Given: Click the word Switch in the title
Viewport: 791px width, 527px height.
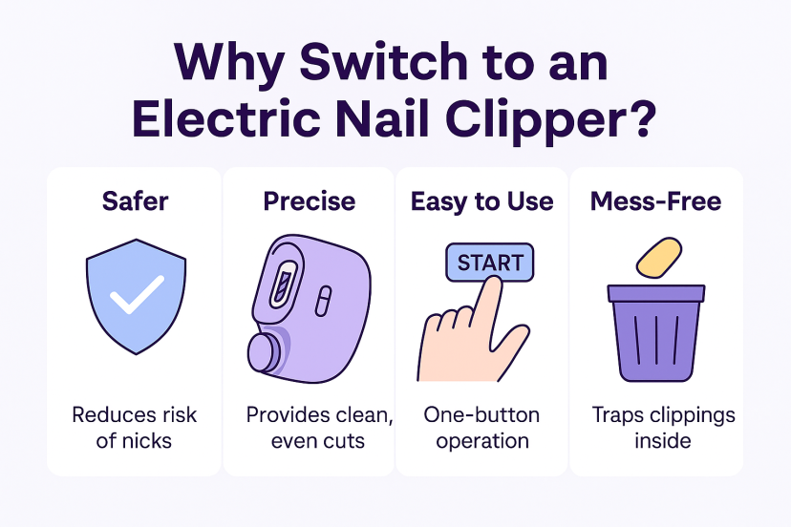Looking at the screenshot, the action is click(384, 62).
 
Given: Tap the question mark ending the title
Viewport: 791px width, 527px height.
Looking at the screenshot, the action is click(641, 118).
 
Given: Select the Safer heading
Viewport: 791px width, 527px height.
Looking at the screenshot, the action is click(135, 201).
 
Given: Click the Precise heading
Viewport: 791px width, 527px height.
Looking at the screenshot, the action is click(310, 201).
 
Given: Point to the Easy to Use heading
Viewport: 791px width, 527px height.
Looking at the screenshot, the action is click(481, 201).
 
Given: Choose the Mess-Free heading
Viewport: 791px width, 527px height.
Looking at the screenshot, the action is click(655, 201).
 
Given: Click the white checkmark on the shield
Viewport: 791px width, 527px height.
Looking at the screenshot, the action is click(137, 294).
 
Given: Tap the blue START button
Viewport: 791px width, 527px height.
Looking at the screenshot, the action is click(489, 263).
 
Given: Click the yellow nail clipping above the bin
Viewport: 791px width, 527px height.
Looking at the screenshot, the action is click(659, 258).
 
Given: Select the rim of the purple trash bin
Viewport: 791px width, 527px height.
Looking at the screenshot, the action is click(655, 293).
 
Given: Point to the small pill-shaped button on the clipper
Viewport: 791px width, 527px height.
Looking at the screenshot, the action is click(323, 301).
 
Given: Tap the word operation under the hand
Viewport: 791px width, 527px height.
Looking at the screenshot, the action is click(482, 442).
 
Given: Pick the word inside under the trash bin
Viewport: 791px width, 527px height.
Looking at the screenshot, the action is click(663, 441).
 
